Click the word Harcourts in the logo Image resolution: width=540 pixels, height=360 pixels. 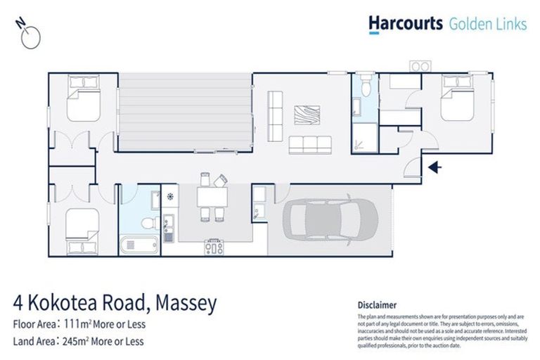tap(406, 24)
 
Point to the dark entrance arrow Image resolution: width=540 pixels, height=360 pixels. tap(435, 167)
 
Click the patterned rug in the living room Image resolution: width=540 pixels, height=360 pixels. tap(307, 115)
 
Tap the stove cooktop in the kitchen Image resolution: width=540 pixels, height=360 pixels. tap(214, 247)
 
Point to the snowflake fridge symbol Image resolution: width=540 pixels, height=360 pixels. tap(169, 197)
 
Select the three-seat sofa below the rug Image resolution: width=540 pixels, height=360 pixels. tap(309, 145)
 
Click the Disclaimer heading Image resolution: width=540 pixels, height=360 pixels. tap(377, 305)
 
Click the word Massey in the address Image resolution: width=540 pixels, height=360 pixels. tap(183, 304)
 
